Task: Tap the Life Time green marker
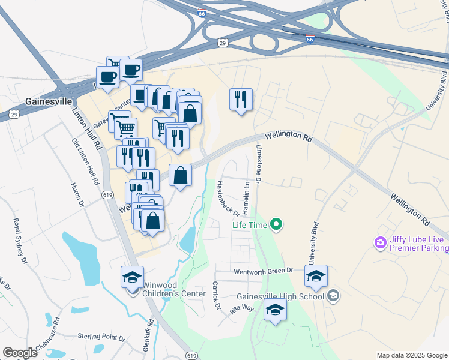point(276,226)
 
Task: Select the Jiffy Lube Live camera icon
point(379,243)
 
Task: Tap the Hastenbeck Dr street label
point(229,198)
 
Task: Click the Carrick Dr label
point(217,297)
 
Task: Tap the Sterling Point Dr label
point(101,337)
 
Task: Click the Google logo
point(20,353)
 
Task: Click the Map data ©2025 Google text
point(412,355)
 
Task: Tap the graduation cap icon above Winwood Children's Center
point(132,277)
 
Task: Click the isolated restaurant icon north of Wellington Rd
point(241,98)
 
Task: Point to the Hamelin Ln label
point(246,196)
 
